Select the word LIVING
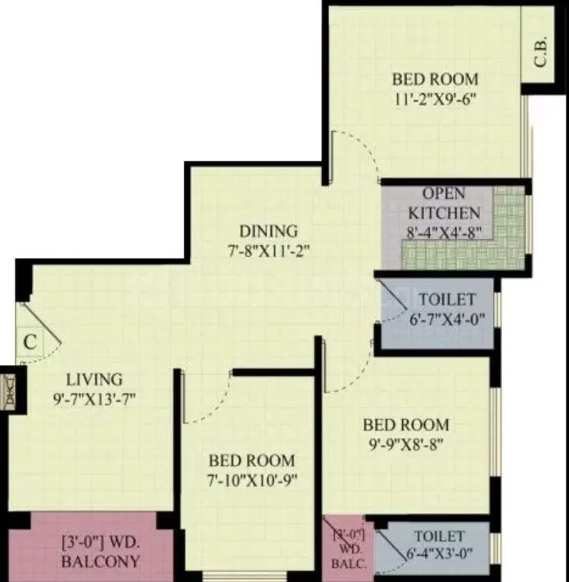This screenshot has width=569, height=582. (95, 379)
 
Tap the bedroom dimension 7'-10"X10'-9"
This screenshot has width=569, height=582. (251, 480)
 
